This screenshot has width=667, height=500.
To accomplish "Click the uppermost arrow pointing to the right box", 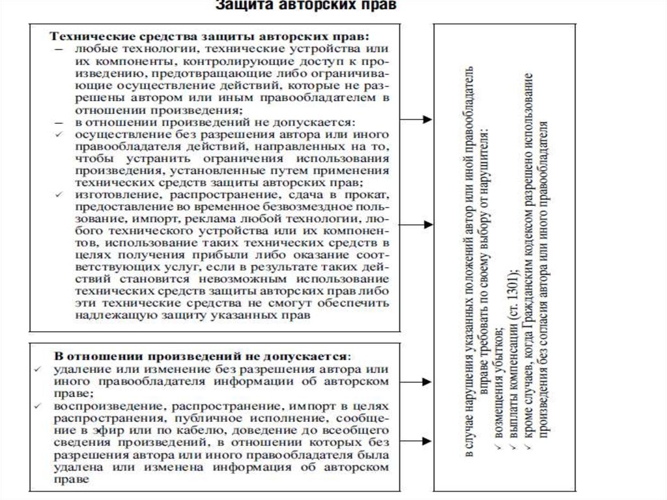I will (416, 119).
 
